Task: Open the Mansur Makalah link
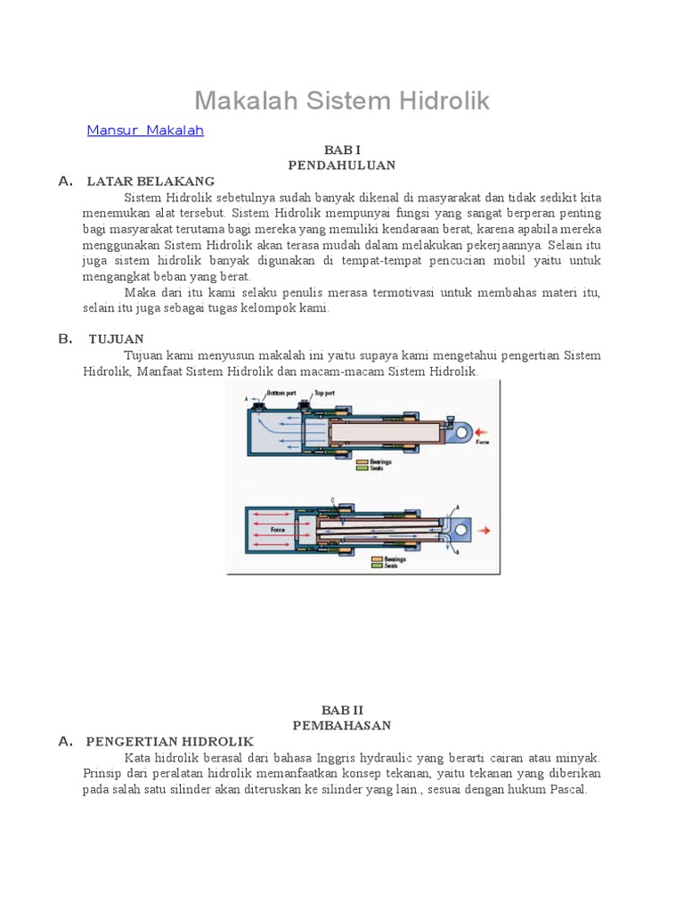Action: [x=145, y=131]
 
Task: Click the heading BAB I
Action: [x=341, y=151]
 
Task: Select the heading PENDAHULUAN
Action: [x=341, y=166]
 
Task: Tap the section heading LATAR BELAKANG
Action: [x=151, y=182]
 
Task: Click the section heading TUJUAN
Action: [x=116, y=339]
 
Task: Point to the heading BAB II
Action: [x=341, y=710]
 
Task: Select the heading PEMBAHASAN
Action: [x=341, y=726]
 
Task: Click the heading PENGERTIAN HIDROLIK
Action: [x=169, y=742]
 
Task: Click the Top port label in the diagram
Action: [x=323, y=393]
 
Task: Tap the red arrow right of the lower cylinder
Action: [x=485, y=531]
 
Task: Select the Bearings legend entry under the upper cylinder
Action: [x=379, y=462]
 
